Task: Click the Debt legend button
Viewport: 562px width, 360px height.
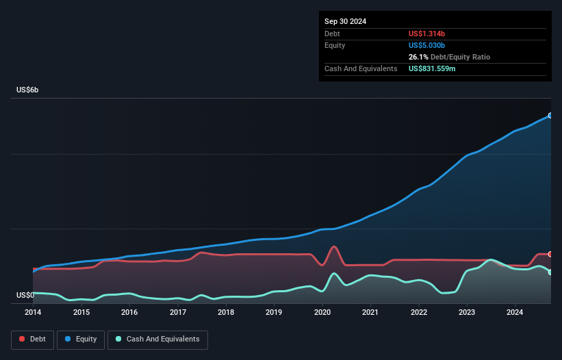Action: coord(32,339)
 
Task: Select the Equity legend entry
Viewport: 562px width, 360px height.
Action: coord(81,339)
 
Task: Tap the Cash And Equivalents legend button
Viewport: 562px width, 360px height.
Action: coord(157,339)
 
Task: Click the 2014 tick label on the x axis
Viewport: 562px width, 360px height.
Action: coord(33,313)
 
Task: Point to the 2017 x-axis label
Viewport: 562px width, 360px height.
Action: coord(178,313)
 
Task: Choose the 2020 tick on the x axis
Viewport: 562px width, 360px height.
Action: coord(322,313)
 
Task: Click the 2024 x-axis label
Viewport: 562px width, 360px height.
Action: coord(515,313)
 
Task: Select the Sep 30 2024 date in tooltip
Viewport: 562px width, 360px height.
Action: coord(345,21)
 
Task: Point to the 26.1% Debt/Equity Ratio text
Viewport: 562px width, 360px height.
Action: coord(449,57)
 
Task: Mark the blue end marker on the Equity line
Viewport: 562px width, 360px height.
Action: coord(550,116)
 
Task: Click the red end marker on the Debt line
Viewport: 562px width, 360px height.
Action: coord(550,254)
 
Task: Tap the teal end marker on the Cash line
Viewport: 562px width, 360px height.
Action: coord(550,272)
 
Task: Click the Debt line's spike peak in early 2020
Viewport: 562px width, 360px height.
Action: coord(333,246)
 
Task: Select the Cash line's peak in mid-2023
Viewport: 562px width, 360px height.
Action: coord(490,260)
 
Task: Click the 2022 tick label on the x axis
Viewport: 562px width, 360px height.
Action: coord(419,313)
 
